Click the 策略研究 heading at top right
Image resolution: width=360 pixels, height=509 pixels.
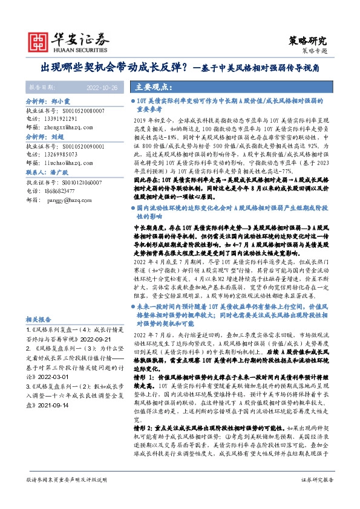[x=309, y=41]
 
